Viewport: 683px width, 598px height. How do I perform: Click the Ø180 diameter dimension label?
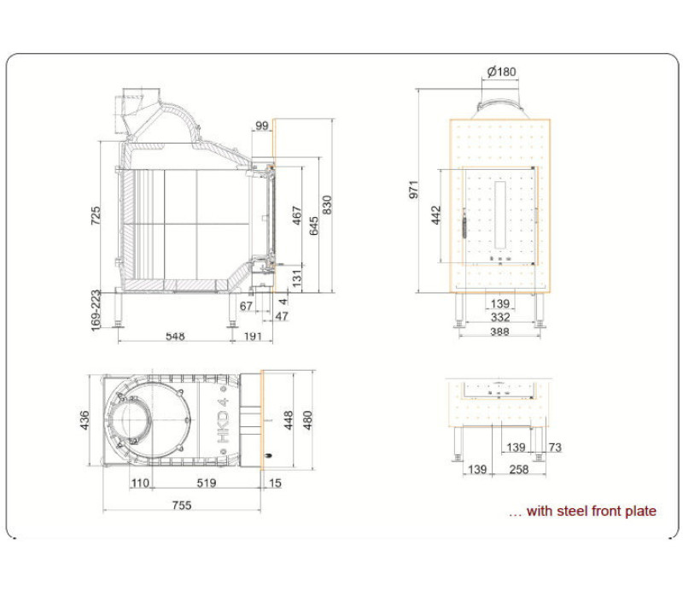501,71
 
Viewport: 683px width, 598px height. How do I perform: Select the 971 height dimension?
414,190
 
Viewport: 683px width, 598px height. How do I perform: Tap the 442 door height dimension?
436,215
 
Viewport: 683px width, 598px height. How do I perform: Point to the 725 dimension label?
96,215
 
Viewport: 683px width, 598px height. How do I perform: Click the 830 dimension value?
327,205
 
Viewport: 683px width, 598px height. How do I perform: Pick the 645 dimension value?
313,226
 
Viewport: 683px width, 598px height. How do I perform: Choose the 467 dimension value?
296,215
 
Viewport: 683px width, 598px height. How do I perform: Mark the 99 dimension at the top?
262,126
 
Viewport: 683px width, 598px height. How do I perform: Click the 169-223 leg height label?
96,310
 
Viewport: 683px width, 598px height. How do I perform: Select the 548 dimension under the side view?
175,336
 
